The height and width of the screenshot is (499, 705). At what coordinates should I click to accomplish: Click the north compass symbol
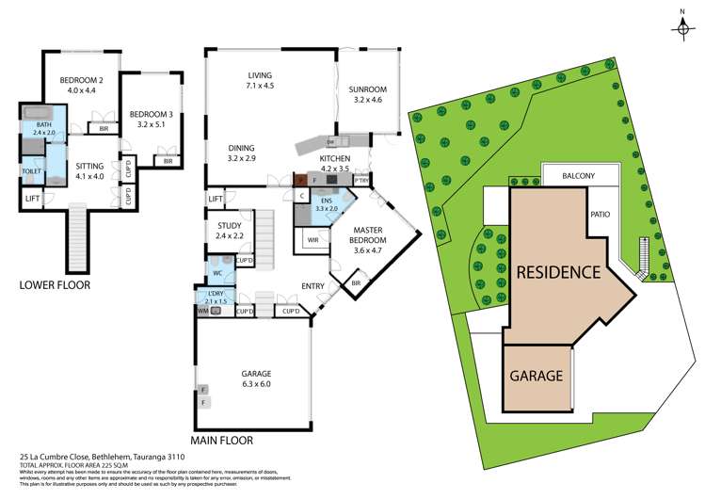coord(681,28)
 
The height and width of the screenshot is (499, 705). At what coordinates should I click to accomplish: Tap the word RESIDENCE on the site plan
coord(557,273)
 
